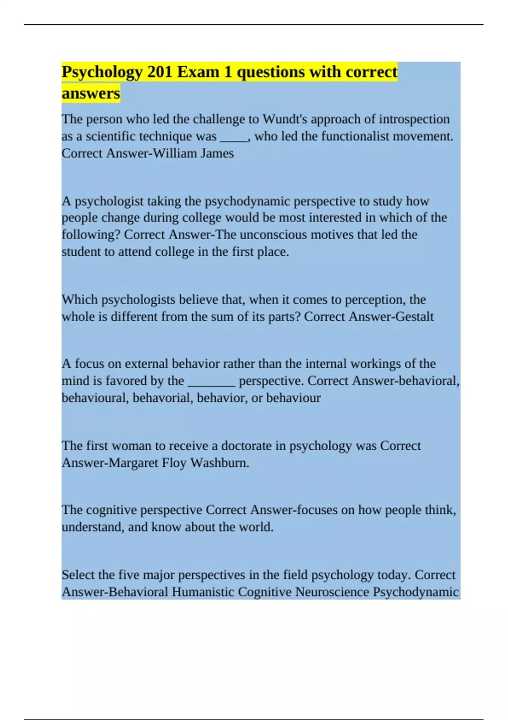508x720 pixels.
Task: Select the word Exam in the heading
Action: [x=198, y=72]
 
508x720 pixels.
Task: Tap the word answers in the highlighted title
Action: [x=91, y=93]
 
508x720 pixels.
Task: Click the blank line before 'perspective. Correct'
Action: [x=211, y=383]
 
